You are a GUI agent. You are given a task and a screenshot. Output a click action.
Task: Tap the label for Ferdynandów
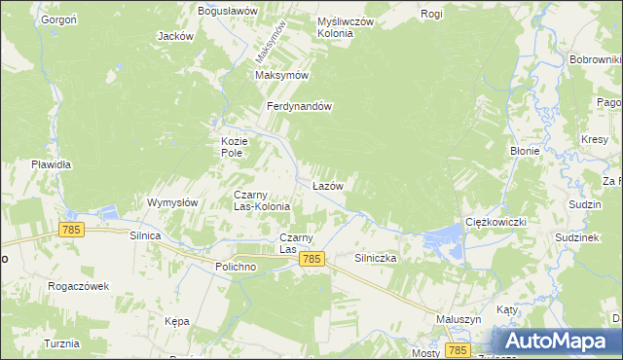(x=302, y=107)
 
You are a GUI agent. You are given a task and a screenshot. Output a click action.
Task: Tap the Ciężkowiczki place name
(x=495, y=222)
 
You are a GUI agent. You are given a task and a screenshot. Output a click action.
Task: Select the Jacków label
(x=175, y=36)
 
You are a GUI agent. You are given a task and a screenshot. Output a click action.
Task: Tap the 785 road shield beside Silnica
(x=70, y=230)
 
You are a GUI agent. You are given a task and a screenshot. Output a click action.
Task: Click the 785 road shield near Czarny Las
(x=311, y=258)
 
